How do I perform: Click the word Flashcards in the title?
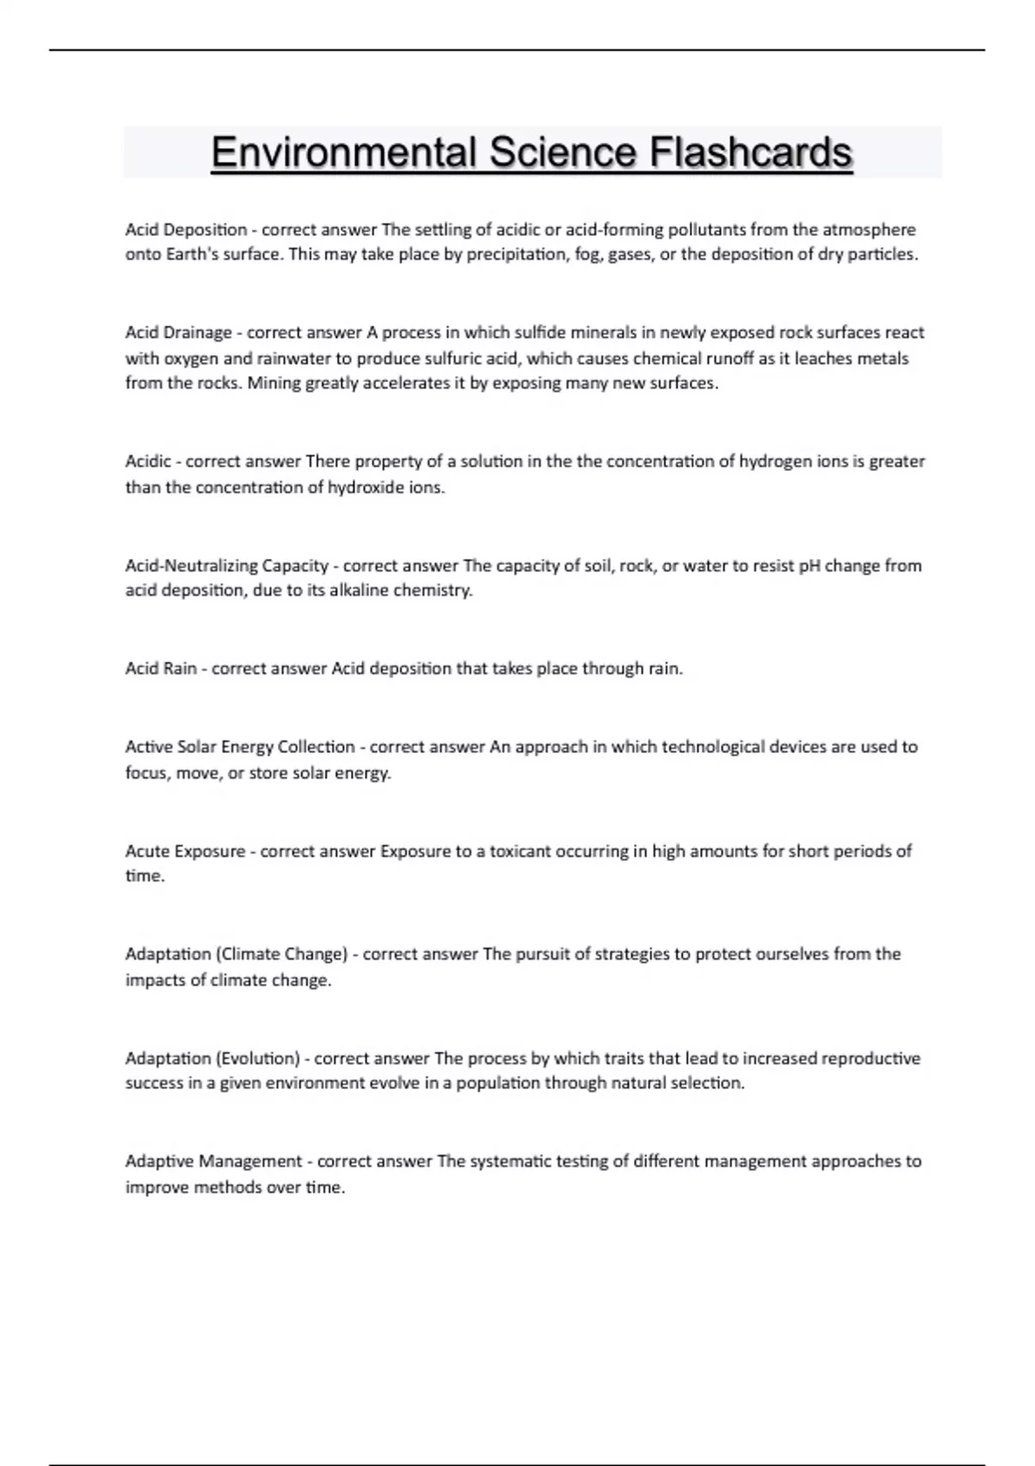coord(750,153)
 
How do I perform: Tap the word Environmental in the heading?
coord(343,153)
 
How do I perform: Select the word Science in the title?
coord(562,153)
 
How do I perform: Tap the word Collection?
coord(316,747)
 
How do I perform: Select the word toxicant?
coord(520,851)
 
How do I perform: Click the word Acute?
coord(147,851)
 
